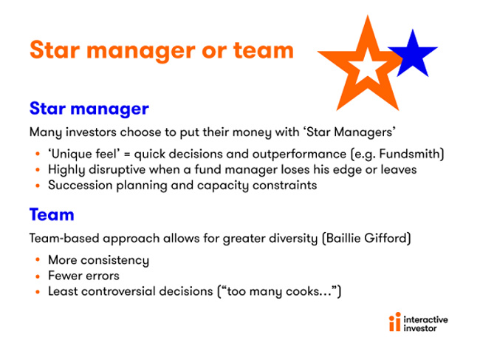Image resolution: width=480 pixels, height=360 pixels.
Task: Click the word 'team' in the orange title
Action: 264,50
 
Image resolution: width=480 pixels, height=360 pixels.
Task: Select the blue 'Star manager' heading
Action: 89,109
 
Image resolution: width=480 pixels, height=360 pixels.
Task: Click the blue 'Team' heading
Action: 52,214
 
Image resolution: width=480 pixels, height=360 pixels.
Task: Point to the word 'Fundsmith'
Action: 410,154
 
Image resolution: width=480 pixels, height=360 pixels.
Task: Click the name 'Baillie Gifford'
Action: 366,238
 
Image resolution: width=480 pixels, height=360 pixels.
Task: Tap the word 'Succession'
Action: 80,185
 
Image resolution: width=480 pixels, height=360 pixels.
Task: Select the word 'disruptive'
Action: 117,170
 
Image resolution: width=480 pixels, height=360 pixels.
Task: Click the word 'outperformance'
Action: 299,154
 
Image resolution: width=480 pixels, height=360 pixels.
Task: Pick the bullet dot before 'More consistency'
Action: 38,259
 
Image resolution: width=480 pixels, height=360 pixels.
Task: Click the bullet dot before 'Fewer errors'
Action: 38,276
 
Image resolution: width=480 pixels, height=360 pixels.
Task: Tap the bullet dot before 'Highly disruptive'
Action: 38,170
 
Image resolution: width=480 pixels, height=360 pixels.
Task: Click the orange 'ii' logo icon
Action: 395,322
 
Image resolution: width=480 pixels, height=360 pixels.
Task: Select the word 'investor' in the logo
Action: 419,328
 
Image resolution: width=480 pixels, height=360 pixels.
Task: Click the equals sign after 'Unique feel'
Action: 126,154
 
